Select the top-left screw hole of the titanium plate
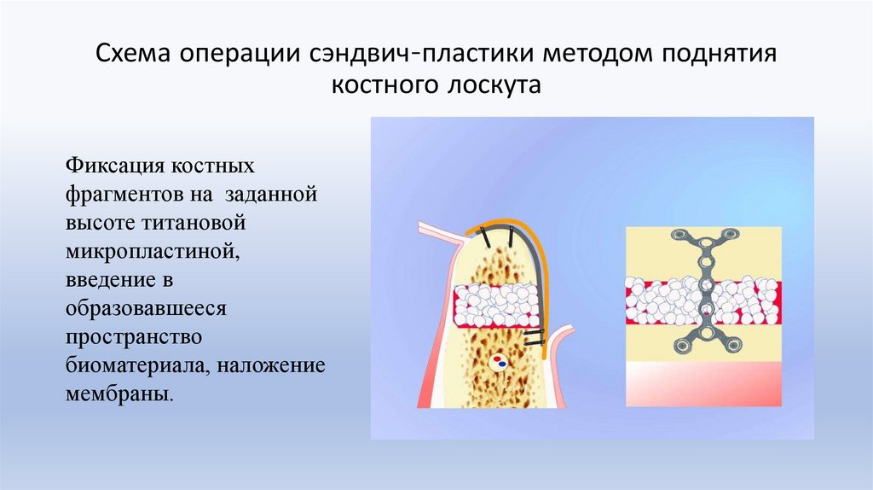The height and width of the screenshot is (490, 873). pos(679,236)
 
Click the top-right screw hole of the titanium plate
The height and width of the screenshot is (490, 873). pos(730,236)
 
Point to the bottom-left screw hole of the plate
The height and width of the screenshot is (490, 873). pos(680,345)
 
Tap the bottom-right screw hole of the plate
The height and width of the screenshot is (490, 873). pos(731,345)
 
